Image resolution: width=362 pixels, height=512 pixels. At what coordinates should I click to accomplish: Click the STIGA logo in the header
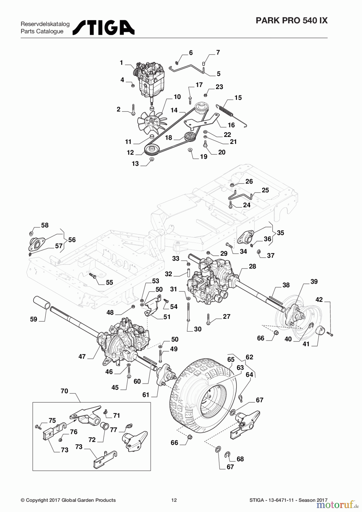[x=104, y=28]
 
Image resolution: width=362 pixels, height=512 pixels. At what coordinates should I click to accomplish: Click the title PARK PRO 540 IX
[x=291, y=20]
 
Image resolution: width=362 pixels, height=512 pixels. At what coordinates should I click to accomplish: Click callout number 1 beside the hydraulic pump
[x=121, y=63]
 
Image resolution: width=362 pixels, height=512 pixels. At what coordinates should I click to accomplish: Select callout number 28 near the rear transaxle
[x=252, y=266]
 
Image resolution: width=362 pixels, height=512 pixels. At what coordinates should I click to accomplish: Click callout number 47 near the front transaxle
[x=82, y=356]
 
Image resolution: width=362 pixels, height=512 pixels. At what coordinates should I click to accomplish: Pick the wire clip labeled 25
[x=240, y=196]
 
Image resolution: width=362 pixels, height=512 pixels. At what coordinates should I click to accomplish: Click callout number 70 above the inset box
[x=64, y=391]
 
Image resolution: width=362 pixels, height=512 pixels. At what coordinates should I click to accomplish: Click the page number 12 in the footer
[x=174, y=500]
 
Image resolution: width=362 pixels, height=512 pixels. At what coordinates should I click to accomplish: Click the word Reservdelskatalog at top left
[x=45, y=24]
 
